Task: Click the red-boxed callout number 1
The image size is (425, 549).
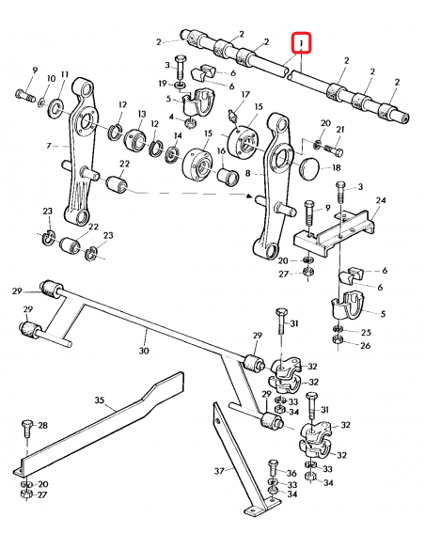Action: [x=301, y=44]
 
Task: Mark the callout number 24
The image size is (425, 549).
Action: [x=381, y=200]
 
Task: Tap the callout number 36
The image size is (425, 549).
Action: [x=291, y=473]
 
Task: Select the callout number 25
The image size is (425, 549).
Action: [x=367, y=332]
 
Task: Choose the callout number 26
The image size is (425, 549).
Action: [x=367, y=346]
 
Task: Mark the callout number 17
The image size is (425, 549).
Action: [x=245, y=94]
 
